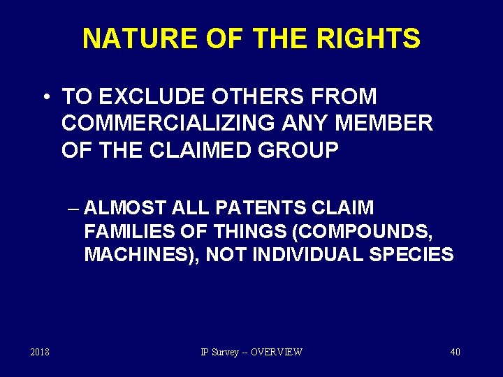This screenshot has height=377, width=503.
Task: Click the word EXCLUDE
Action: pos(140,96)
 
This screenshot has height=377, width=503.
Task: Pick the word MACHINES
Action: pos(141,254)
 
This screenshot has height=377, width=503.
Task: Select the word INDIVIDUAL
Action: pos(305,254)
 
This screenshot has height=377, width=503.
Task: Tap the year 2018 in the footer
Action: pos(40,352)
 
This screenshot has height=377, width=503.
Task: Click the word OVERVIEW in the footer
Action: pos(276,352)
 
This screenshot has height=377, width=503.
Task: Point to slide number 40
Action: pos(455,352)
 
